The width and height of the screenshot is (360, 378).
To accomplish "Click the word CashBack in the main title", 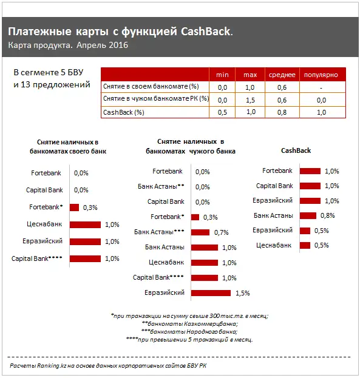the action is pyautogui.click(x=205, y=32).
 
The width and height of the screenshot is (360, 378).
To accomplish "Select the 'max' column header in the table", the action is pyautogui.click(x=250, y=75).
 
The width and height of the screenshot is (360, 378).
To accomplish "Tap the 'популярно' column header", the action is pyautogui.click(x=321, y=75).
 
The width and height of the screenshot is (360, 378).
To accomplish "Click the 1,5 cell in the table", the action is pyautogui.click(x=250, y=100).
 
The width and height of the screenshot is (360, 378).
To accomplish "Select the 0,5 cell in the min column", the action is pyautogui.click(x=222, y=112).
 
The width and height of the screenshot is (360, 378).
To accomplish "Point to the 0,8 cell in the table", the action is pyautogui.click(x=281, y=112).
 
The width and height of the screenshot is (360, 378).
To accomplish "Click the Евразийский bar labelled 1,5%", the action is pyautogui.click(x=211, y=293).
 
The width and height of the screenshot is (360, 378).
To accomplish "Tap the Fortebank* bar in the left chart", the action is pyautogui.click(x=74, y=208).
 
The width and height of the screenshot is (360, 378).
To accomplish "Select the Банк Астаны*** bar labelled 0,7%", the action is pyautogui.click(x=200, y=232).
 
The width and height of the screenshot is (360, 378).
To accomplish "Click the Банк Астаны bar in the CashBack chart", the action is pyautogui.click(x=308, y=215).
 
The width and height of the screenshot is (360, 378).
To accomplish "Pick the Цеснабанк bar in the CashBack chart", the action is pyautogui.click(x=305, y=245).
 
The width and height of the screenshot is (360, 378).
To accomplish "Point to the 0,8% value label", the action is pyautogui.click(x=327, y=215).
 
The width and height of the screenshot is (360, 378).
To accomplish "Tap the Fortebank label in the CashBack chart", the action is pyautogui.click(x=277, y=171).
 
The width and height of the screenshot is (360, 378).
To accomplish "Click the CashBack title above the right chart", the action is pyautogui.click(x=296, y=150).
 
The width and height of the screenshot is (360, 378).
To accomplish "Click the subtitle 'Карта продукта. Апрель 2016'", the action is pyautogui.click(x=69, y=46).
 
